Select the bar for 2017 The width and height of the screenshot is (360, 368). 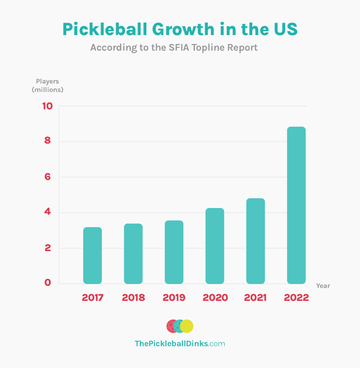click(93, 256)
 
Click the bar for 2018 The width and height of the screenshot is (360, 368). click(133, 254)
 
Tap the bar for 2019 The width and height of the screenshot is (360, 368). click(174, 252)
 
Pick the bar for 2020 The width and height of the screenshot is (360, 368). click(214, 246)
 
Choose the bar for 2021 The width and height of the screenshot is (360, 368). click(255, 241)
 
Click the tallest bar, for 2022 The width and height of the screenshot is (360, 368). click(296, 205)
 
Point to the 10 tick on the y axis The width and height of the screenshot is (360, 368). click(48, 106)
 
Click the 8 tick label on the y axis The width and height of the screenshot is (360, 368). click(48, 141)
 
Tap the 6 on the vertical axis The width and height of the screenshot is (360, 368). click(48, 177)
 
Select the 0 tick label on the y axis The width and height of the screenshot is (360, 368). click(48, 283)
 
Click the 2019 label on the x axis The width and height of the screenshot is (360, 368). click(174, 298)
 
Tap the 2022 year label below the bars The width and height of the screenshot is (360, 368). click(296, 298)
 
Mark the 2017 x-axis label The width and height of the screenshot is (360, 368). click(93, 298)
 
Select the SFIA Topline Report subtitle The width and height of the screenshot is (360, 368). click(174, 48)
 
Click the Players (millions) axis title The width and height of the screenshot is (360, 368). click(48, 85)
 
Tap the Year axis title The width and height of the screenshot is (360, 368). click(323, 286)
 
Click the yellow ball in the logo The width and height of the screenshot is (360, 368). click(187, 326)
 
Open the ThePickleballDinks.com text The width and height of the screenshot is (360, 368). click(180, 344)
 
